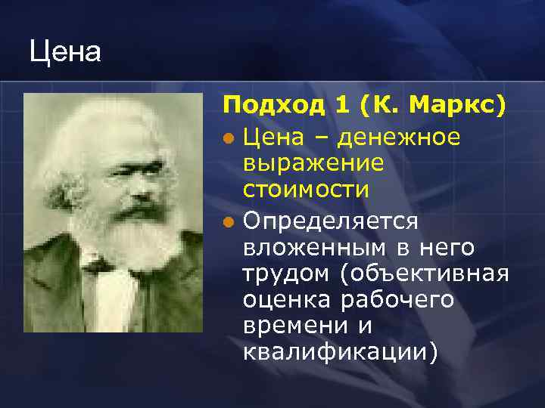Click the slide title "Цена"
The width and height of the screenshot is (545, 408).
tap(65, 53)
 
